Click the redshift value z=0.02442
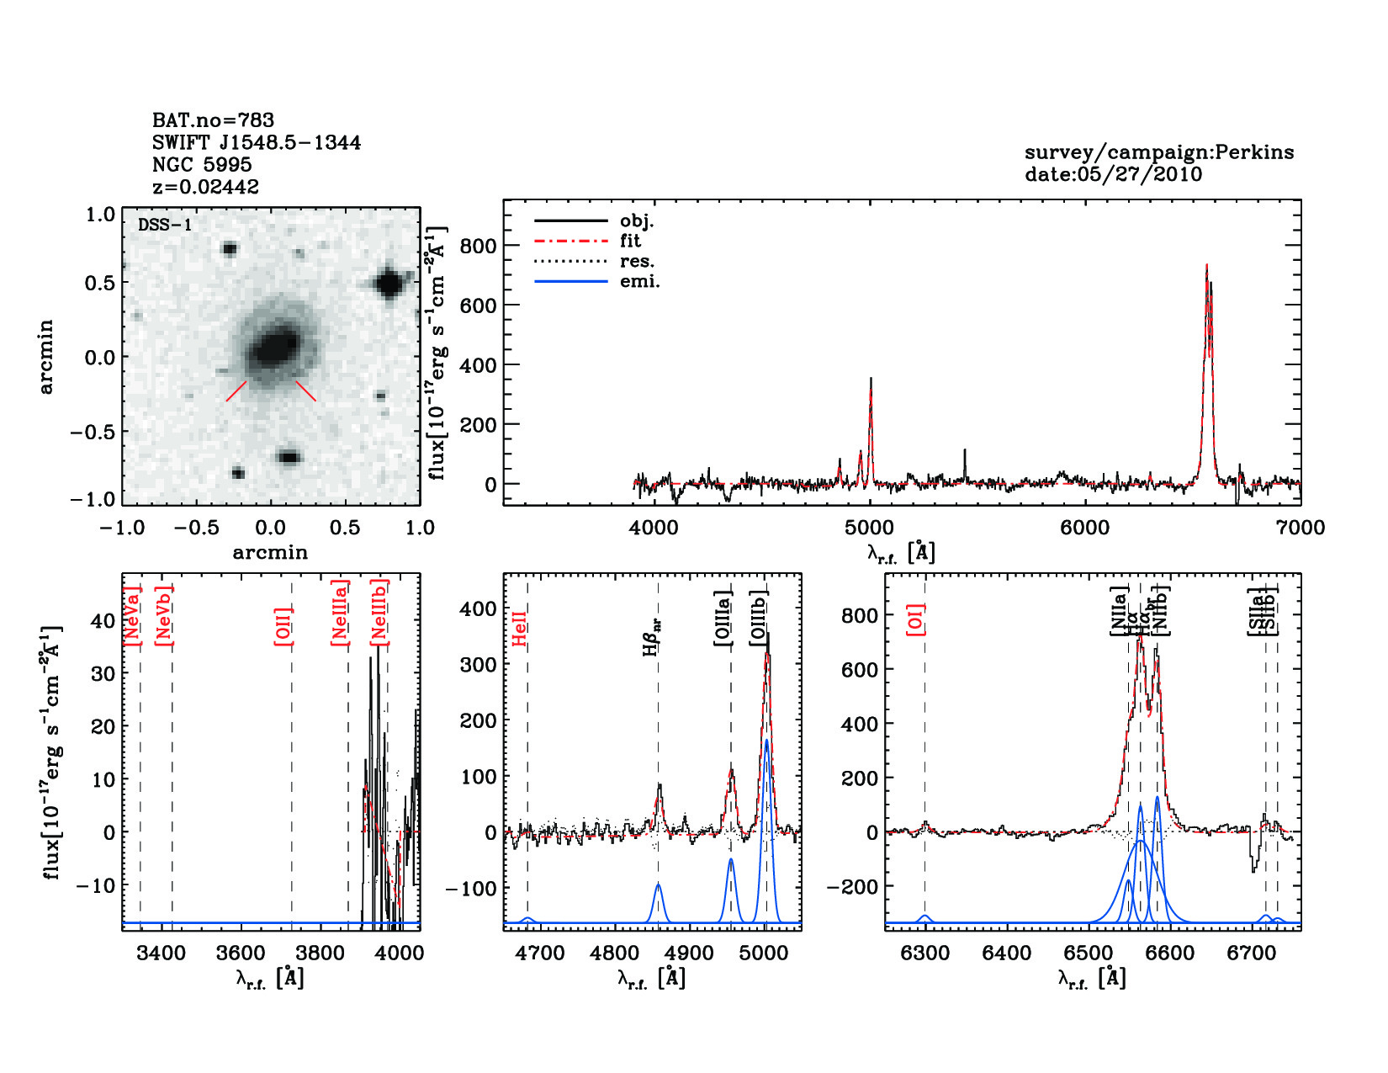tap(205, 187)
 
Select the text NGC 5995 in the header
tap(202, 165)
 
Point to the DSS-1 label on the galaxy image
tap(165, 226)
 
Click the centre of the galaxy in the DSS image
tap(274, 346)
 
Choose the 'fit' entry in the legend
tap(630, 241)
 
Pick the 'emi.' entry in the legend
tap(639, 282)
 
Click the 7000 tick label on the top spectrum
tap(1301, 528)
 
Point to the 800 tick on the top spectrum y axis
tap(478, 246)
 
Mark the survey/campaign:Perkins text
tap(1159, 152)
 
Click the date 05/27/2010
tap(1114, 174)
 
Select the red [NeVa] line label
tap(133, 616)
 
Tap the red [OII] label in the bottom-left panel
tap(283, 625)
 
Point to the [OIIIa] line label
tap(723, 619)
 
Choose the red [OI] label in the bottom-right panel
tap(916, 619)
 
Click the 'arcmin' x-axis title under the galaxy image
tap(270, 553)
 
